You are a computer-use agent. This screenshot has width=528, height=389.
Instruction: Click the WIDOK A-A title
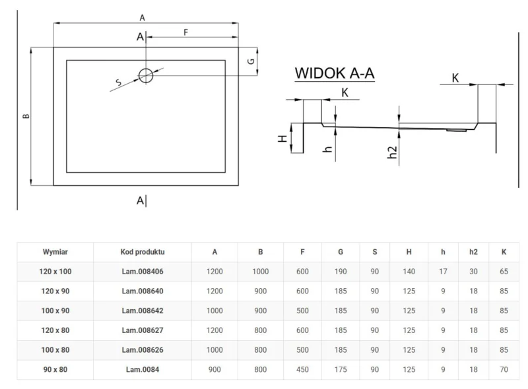pos(334,73)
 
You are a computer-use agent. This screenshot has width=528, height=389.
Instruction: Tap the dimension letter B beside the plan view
pos(26,117)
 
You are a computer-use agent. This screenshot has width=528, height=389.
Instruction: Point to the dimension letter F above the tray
pos(186,32)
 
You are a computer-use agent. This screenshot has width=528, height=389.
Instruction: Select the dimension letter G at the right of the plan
pos(250,61)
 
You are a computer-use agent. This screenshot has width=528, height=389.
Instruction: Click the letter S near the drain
pos(118,82)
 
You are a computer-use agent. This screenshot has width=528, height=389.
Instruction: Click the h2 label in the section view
pos(391,152)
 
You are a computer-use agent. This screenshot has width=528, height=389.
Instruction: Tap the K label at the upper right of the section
pos(455,78)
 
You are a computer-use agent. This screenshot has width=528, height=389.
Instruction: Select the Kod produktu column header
pos(143,252)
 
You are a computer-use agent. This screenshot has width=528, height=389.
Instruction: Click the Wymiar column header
pos(55,252)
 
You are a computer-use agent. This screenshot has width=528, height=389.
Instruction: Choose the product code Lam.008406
pos(143,272)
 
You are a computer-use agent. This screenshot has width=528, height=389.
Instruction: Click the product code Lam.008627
pos(143,330)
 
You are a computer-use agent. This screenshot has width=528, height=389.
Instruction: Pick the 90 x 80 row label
pos(55,369)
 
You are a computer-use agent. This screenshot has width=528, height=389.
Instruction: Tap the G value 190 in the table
pos(341,272)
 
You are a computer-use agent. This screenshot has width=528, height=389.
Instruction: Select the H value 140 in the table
pos(409,272)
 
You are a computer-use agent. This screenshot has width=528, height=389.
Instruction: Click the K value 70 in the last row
pos(504,369)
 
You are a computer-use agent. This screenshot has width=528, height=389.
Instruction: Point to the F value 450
pos(302,369)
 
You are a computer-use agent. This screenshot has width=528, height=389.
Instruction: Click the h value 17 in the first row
pos(444,272)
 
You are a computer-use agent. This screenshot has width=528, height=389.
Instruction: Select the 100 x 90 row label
pos(55,311)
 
